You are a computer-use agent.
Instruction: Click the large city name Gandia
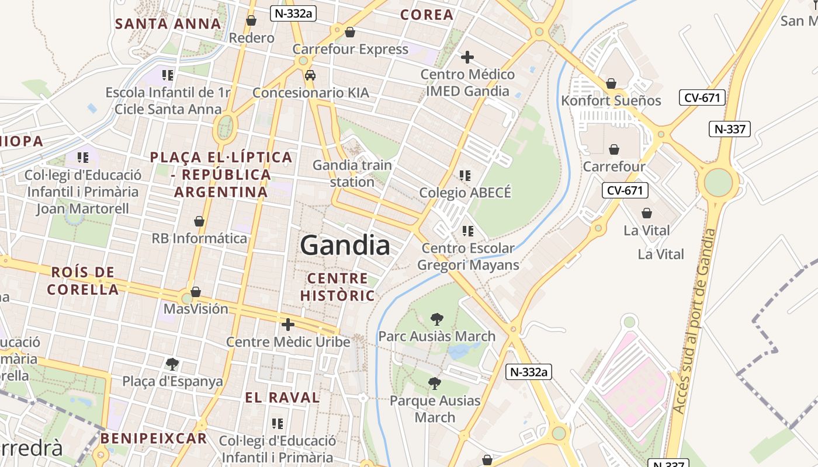[x=345, y=245]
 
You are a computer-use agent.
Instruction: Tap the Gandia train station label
[x=352, y=173]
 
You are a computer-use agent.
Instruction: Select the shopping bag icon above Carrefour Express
[x=350, y=32]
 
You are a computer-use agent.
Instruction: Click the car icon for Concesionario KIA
[x=310, y=75]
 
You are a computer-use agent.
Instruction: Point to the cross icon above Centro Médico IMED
[x=467, y=57]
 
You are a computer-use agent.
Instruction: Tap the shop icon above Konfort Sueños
[x=611, y=83]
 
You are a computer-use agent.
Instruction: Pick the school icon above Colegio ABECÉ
[x=465, y=175]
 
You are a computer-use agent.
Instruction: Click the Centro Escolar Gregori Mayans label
[x=467, y=257]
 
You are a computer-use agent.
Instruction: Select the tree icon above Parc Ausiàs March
[x=436, y=319]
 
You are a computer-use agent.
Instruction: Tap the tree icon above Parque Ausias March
[x=434, y=384]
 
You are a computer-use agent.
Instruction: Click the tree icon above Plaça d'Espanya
[x=172, y=364]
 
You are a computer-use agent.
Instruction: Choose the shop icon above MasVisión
[x=196, y=291]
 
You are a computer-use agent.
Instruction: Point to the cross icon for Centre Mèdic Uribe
[x=287, y=325]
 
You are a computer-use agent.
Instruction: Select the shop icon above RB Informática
[x=199, y=221]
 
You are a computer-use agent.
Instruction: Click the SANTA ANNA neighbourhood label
[x=168, y=24]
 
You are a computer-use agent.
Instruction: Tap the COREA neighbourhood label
[x=427, y=15]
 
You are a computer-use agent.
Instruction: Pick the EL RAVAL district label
[x=282, y=398]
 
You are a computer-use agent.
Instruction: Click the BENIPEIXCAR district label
[x=154, y=438]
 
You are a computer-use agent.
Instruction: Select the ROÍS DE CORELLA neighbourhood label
[x=82, y=280]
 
